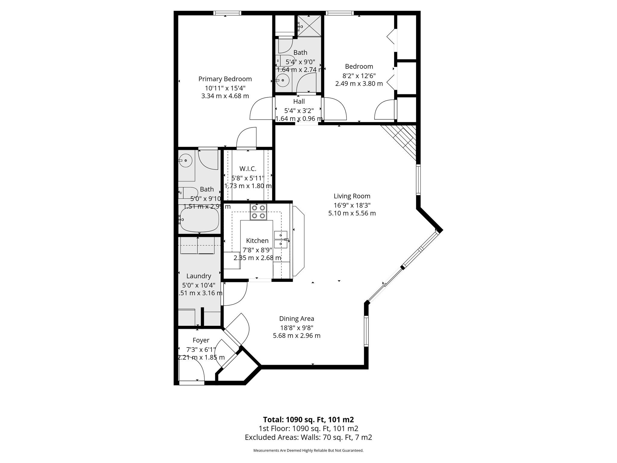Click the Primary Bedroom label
click(x=225, y=79)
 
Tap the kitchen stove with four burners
click(x=258, y=212)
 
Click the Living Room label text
click(x=352, y=196)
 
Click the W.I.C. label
click(x=248, y=169)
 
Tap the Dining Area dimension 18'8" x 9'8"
click(x=296, y=327)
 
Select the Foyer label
click(x=201, y=340)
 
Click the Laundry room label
click(x=199, y=276)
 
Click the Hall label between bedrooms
click(x=299, y=102)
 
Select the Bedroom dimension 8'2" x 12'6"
click(x=359, y=76)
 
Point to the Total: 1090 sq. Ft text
click(x=308, y=420)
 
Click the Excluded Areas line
click(x=308, y=437)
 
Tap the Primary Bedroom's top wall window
click(x=227, y=13)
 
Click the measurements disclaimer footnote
click(x=308, y=451)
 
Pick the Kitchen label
click(x=257, y=241)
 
